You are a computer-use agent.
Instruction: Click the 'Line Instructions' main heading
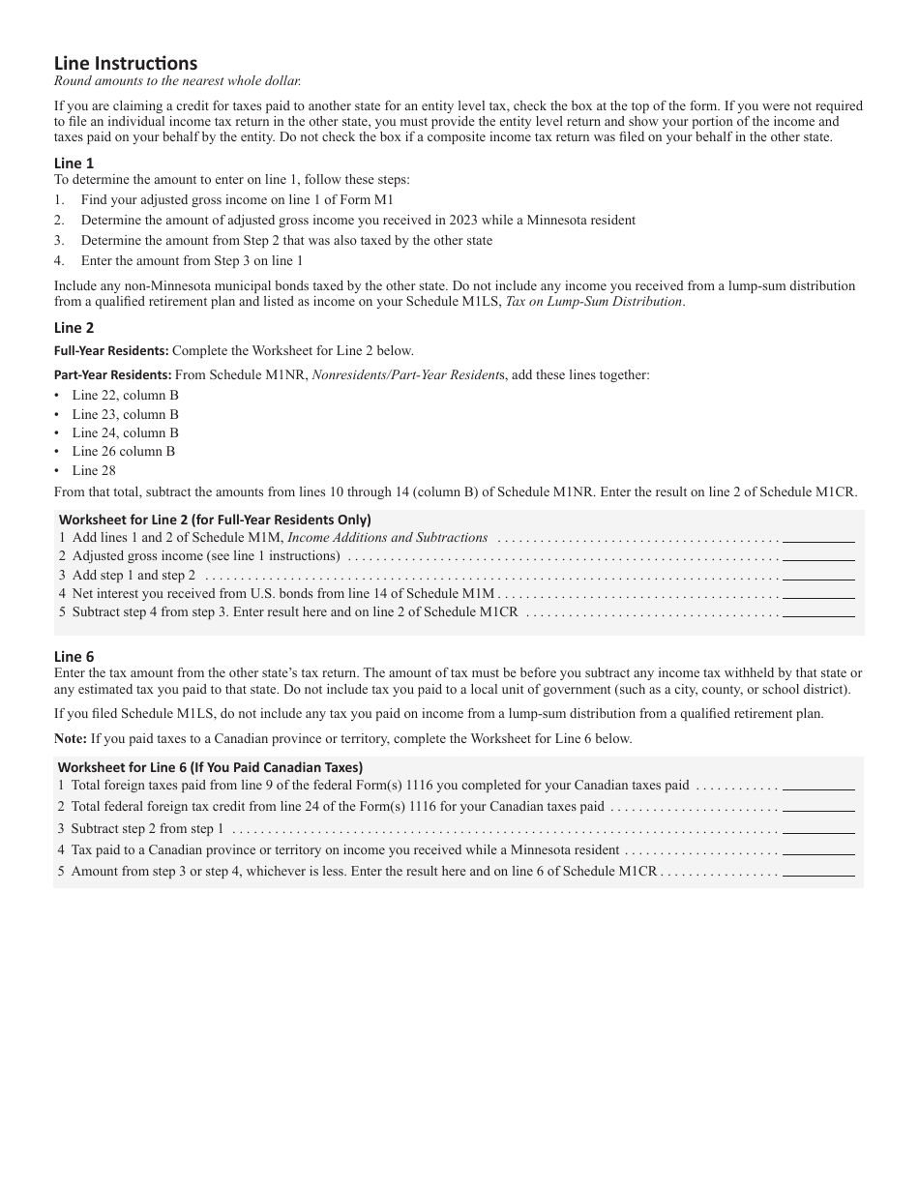click(x=126, y=64)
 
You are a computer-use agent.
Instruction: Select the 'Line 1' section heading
click(x=74, y=164)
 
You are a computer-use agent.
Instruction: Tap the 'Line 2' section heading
click(x=74, y=328)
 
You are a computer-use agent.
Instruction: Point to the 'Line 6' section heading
click(x=74, y=656)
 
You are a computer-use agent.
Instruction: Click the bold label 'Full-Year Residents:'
click(x=111, y=350)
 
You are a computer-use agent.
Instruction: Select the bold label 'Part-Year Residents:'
click(x=113, y=374)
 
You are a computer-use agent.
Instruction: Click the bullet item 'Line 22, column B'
click(x=125, y=395)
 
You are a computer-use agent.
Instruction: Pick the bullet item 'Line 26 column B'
click(x=123, y=451)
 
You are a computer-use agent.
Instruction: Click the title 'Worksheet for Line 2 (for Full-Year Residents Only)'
click(x=215, y=520)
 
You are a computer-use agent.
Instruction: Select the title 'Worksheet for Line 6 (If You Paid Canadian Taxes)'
click(x=211, y=767)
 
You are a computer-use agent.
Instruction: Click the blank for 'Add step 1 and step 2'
click(x=818, y=576)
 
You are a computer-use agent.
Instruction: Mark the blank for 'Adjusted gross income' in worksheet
click(x=818, y=556)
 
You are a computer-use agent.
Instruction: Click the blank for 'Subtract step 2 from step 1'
click(x=818, y=829)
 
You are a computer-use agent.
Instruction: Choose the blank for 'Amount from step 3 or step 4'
click(x=818, y=871)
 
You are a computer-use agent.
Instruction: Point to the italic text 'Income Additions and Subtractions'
click(x=388, y=537)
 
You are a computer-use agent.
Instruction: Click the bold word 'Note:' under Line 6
click(x=70, y=738)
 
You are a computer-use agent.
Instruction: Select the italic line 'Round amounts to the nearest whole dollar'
click(x=178, y=81)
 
